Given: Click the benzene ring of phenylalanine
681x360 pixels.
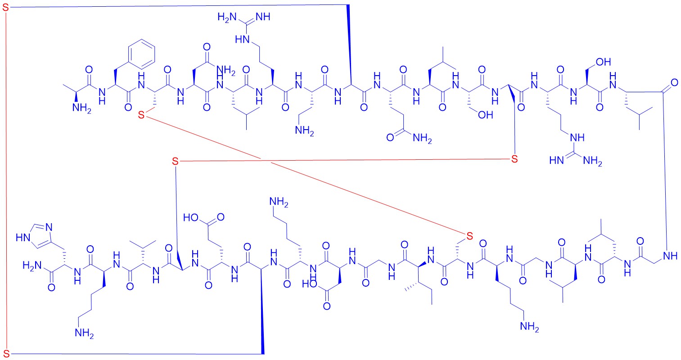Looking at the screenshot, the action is click(x=142, y=55).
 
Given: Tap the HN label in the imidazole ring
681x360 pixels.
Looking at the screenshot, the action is click(x=23, y=238).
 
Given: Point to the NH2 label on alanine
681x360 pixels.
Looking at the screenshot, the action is click(x=81, y=108).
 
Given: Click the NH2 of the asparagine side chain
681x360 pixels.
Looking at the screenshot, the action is click(x=225, y=71).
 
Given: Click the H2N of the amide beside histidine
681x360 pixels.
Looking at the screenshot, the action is click(x=32, y=266).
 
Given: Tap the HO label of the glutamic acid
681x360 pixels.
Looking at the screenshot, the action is click(x=191, y=218).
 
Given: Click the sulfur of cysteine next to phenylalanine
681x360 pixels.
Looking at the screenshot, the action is click(x=141, y=115).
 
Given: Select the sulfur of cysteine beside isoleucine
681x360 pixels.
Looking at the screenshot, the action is click(x=470, y=236).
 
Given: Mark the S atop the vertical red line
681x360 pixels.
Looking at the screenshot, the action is click(x=6, y=8).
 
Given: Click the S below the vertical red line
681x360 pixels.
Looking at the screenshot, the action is click(x=6, y=354).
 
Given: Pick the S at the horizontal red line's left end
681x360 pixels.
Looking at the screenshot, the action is click(x=175, y=161).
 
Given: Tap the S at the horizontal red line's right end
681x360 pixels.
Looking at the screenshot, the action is click(x=514, y=159).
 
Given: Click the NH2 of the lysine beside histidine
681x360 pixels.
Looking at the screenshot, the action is click(x=84, y=333).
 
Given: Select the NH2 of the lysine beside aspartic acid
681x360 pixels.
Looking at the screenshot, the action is click(x=279, y=202).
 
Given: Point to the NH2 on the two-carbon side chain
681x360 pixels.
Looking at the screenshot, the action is click(x=304, y=131).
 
